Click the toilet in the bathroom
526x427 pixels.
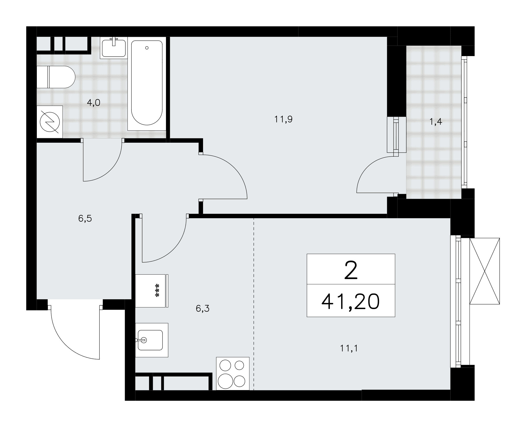click(x=56, y=77)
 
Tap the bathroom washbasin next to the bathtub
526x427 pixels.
click(x=114, y=48)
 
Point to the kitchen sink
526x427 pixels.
click(x=151, y=340)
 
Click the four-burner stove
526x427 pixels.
click(x=232, y=374)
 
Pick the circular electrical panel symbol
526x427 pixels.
click(x=50, y=122)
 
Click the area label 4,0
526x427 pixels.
click(x=94, y=103)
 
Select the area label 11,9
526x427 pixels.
click(x=284, y=120)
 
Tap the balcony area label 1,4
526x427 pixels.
click(x=436, y=122)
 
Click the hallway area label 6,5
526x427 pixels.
click(x=85, y=219)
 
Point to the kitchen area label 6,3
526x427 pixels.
click(x=203, y=309)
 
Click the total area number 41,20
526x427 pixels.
click(x=351, y=301)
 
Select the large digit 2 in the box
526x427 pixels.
click(x=351, y=270)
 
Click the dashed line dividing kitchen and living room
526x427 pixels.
click(x=254, y=304)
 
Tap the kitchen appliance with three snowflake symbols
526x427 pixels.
click(x=152, y=291)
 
